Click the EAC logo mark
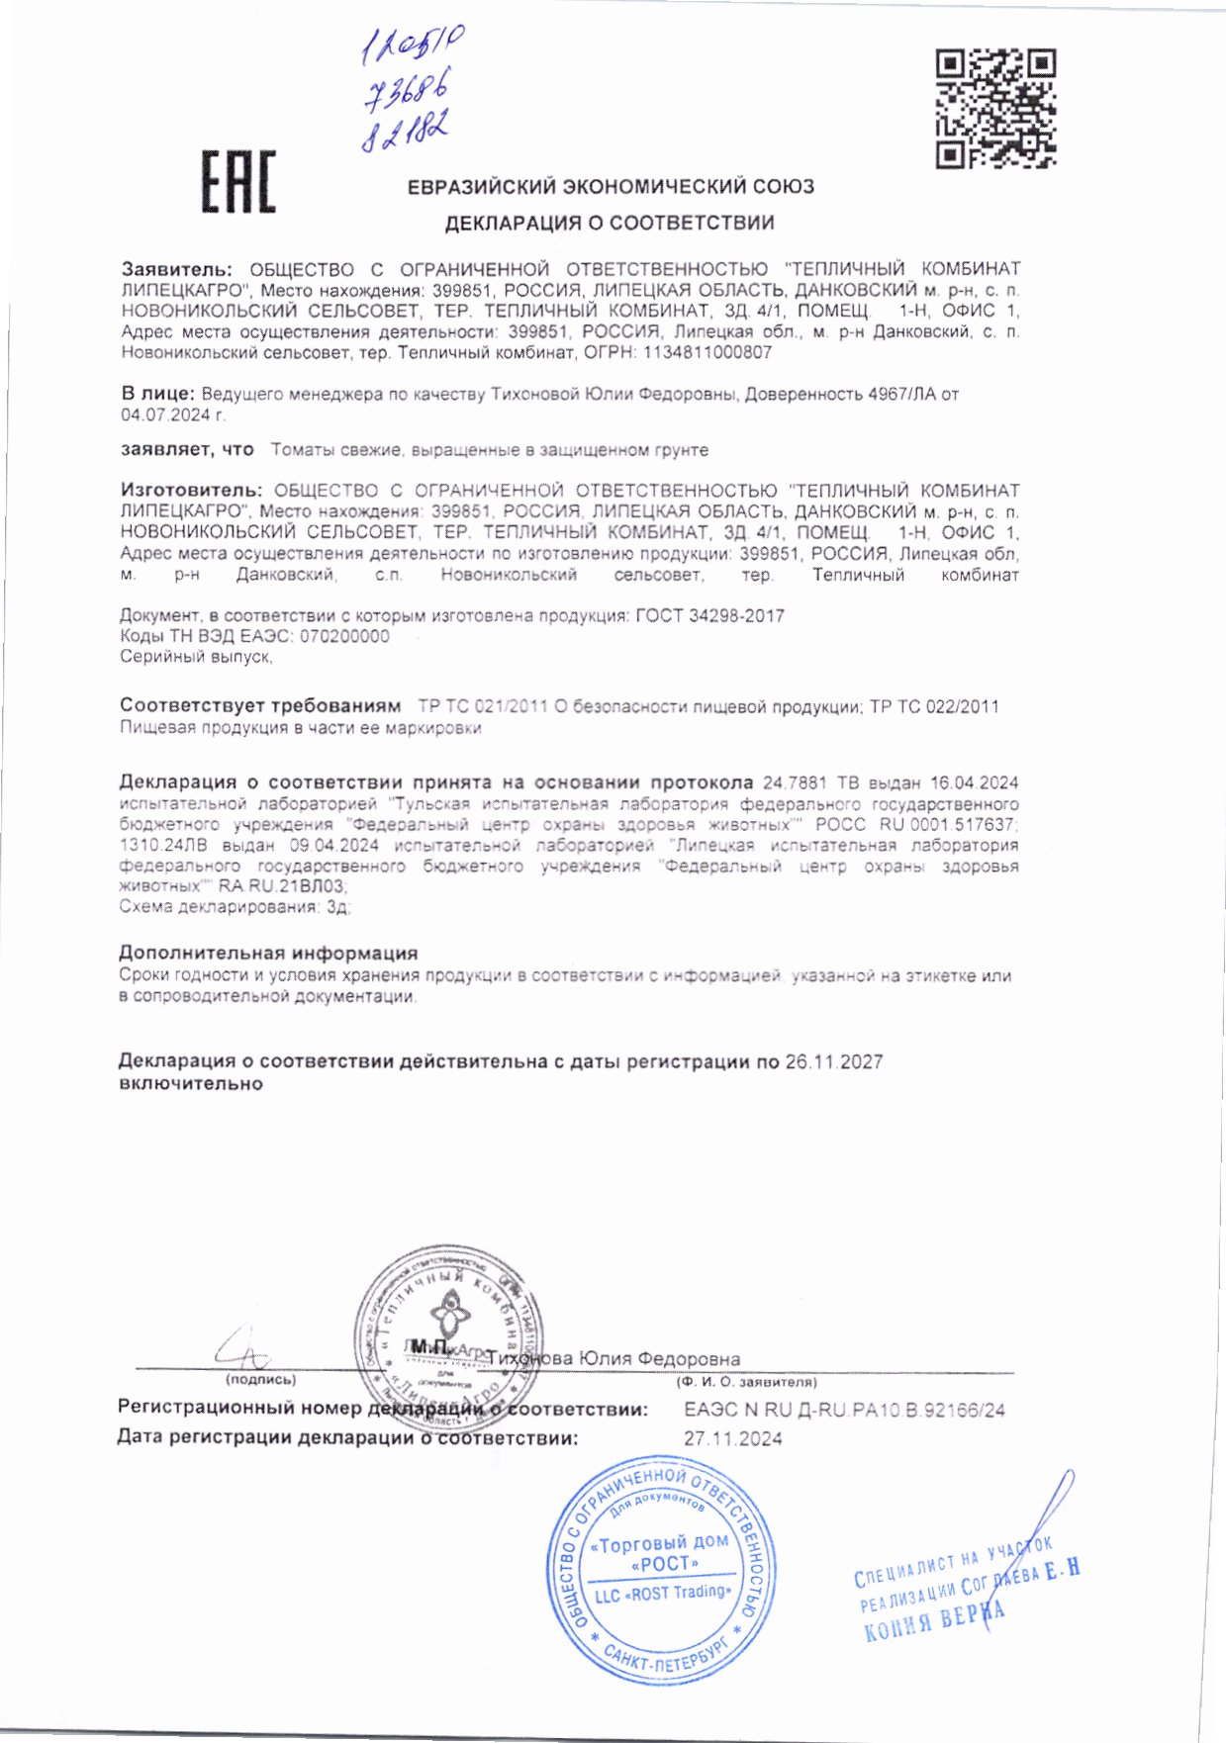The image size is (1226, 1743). pyautogui.click(x=238, y=182)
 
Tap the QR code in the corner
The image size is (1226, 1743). pyautogui.click(x=995, y=108)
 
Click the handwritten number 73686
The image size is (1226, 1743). pyautogui.click(x=406, y=94)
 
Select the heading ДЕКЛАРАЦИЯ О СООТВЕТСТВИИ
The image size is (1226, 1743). pyautogui.click(x=610, y=224)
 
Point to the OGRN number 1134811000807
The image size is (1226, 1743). pyautogui.click(x=707, y=352)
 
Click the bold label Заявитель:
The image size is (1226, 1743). pyautogui.click(x=177, y=269)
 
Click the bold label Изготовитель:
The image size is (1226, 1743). pyautogui.click(x=191, y=491)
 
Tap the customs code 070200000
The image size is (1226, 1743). pyautogui.click(x=344, y=636)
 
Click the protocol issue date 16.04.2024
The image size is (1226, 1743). pyautogui.click(x=974, y=783)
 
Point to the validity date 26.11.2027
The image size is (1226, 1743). pyautogui.click(x=833, y=1062)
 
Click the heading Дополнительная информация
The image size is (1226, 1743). pyautogui.click(x=268, y=954)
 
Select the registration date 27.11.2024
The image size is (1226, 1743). pyautogui.click(x=732, y=1438)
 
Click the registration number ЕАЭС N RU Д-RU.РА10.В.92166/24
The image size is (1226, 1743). pyautogui.click(x=844, y=1410)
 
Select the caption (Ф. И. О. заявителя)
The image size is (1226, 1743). pyautogui.click(x=747, y=1382)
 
